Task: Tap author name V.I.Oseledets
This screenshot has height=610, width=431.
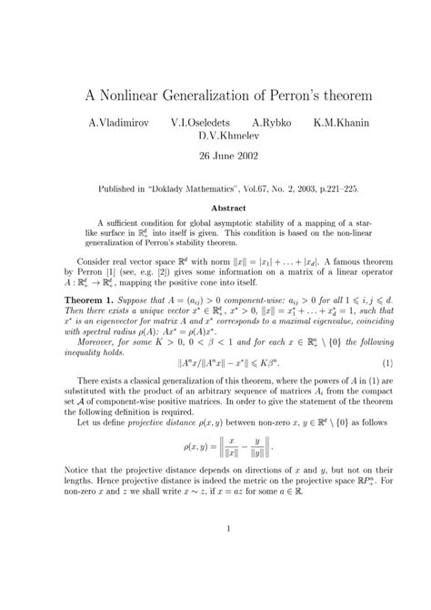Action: (x=201, y=121)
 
